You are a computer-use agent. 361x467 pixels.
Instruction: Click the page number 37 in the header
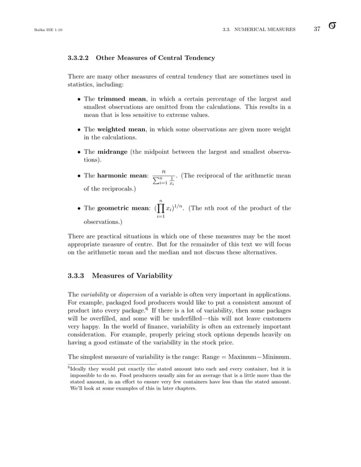click(x=317, y=29)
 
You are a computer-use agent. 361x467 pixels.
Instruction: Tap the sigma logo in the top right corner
click(x=334, y=27)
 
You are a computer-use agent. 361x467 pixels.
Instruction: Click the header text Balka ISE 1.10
click(x=38, y=29)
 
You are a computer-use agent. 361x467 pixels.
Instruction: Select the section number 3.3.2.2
click(x=79, y=58)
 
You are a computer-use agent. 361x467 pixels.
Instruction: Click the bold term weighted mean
click(x=123, y=129)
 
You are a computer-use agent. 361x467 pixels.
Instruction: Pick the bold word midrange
click(x=113, y=152)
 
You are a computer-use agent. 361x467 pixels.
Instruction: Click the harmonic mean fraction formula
click(x=164, y=176)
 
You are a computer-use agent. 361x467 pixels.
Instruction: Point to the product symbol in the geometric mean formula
click(x=161, y=208)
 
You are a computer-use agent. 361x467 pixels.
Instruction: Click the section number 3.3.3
click(x=76, y=276)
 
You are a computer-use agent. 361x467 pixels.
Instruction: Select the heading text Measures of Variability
click(x=132, y=276)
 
